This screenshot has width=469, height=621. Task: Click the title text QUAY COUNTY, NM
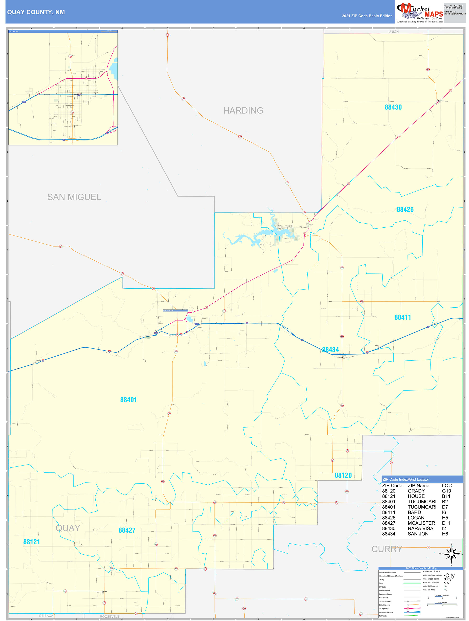point(36,12)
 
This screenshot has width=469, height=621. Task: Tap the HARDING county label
point(243,111)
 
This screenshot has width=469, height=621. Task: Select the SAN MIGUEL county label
point(74,197)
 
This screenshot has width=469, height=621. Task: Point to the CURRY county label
point(387,549)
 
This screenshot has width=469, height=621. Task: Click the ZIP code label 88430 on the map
point(393,107)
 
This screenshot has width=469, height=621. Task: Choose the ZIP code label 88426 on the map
point(405,209)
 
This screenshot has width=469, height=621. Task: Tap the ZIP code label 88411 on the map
point(403,317)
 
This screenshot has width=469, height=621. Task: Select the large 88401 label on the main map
point(128,400)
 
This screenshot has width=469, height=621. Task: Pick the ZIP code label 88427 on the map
point(127,530)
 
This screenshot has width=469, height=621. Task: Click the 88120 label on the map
point(343,475)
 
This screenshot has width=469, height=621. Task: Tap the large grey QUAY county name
point(68,528)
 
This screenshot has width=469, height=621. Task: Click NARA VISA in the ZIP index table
point(420,528)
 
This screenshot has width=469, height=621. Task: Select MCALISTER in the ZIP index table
point(421,523)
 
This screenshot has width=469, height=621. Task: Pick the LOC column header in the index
point(447,486)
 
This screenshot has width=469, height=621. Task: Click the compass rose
point(451,554)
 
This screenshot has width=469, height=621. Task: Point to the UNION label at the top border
point(393,32)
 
